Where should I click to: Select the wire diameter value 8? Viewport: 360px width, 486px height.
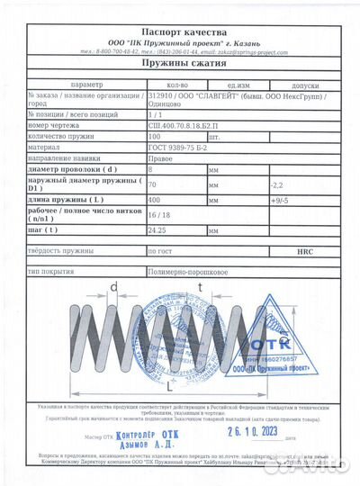coord(149,168)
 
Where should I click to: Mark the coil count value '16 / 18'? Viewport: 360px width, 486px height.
coord(158,215)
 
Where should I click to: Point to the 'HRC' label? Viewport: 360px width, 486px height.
coord(304,253)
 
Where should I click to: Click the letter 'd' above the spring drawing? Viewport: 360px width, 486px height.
coord(114,287)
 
